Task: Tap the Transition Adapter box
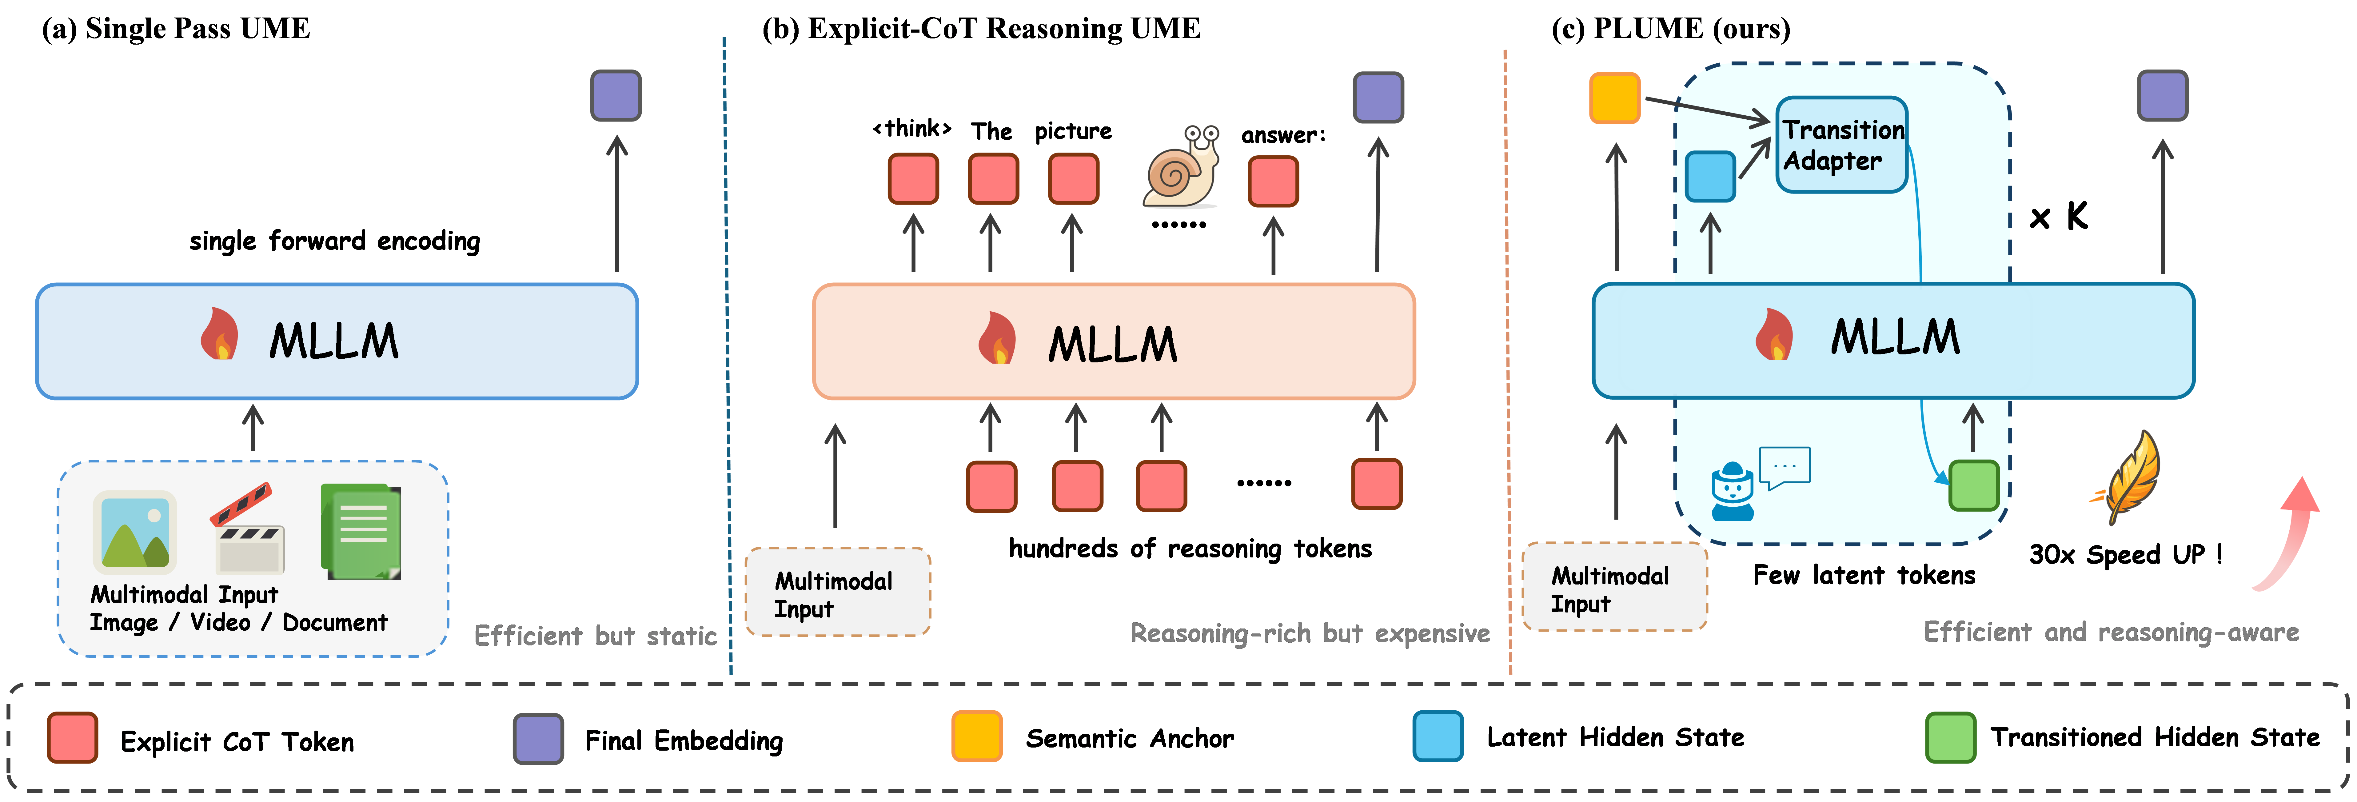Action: click(x=1841, y=145)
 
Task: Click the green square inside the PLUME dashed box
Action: click(x=1974, y=485)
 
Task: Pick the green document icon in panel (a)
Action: click(x=361, y=531)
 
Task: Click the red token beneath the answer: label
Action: click(x=1273, y=181)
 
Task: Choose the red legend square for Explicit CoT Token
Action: click(x=72, y=738)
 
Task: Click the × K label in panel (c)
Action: click(x=2059, y=217)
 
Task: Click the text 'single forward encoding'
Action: click(x=334, y=241)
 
